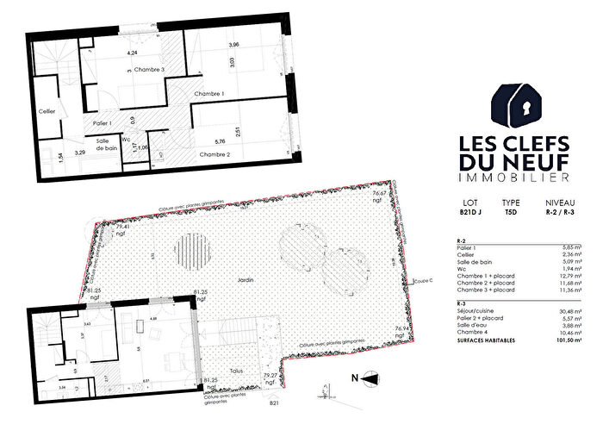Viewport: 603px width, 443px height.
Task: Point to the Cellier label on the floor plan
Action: point(47,110)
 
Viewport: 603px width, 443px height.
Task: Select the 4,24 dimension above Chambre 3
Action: point(133,53)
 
